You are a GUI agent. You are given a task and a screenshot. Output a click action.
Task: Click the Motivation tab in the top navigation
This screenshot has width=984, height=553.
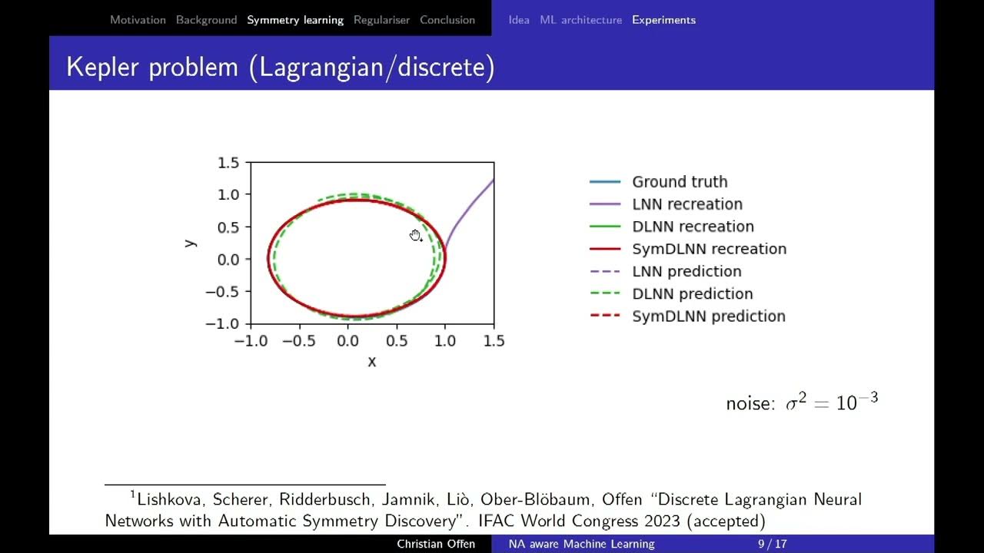[x=138, y=20]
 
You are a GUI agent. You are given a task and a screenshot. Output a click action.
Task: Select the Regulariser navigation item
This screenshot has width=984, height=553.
[x=381, y=20]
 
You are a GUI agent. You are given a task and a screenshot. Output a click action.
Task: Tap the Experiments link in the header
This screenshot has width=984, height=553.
[x=663, y=20]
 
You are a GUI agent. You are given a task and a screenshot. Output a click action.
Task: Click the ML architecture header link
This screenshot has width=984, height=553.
[x=580, y=20]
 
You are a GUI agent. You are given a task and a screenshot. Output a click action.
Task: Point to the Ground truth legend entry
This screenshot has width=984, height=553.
[x=680, y=182]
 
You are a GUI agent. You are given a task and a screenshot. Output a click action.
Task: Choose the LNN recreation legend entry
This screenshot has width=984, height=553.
[x=687, y=204]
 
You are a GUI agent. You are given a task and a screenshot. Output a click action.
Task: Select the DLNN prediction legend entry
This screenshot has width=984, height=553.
[x=692, y=294]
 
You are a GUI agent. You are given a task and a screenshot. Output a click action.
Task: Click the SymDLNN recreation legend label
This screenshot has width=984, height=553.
[x=709, y=249]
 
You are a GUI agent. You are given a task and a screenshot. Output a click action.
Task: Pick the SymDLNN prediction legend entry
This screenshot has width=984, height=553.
[x=708, y=316]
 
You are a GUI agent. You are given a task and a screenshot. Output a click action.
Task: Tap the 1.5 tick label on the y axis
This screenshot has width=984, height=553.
[x=228, y=163]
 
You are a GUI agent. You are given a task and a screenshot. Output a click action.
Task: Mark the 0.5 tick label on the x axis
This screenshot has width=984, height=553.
[x=397, y=341]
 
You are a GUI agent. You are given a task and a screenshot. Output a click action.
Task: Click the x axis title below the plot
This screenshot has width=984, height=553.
[x=372, y=361]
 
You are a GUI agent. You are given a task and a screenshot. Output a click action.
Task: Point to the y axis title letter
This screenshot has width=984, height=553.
[x=190, y=243]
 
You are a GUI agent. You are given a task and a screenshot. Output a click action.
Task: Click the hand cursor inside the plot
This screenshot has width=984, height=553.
[x=416, y=236]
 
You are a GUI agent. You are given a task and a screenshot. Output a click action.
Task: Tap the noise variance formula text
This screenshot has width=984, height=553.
[x=802, y=402]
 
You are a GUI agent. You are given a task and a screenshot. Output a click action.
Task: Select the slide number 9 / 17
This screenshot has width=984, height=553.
[x=772, y=544]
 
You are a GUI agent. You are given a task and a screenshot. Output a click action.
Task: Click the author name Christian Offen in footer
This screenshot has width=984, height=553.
[x=436, y=544]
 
